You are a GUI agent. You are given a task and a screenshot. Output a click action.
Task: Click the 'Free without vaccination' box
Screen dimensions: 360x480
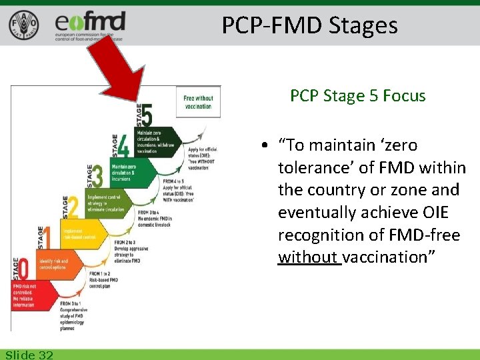[x=199, y=102]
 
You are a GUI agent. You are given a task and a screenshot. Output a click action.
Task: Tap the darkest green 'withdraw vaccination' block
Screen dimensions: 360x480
[x=157, y=141]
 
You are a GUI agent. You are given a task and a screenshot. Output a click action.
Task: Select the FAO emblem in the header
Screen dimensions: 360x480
[x=23, y=25]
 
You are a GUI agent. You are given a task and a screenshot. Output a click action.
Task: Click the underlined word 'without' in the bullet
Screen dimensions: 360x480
[x=309, y=258]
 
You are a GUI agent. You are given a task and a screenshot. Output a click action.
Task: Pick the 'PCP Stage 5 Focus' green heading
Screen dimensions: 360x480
[x=357, y=96]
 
